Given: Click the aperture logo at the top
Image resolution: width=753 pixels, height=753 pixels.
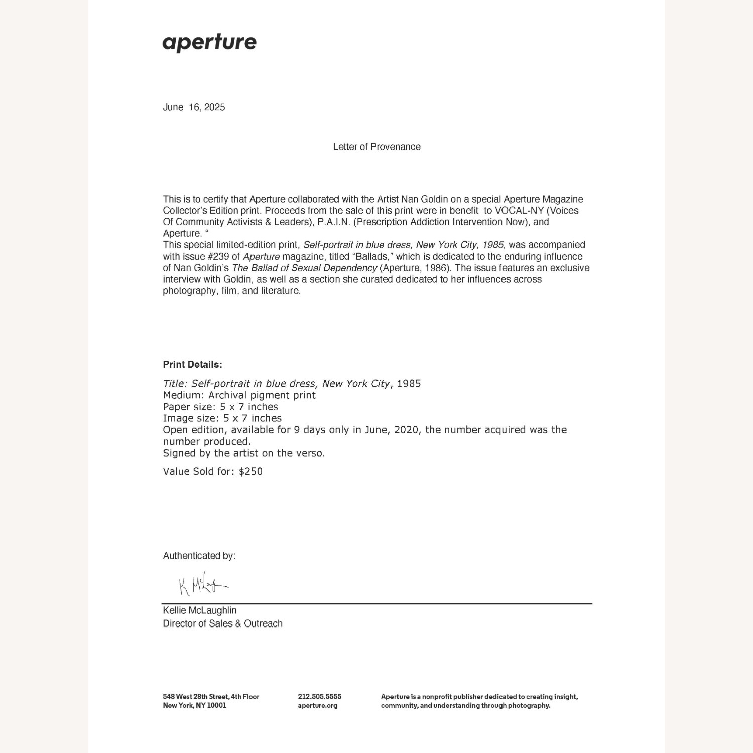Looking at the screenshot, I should (x=209, y=43).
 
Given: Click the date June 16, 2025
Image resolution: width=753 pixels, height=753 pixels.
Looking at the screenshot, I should (x=194, y=107).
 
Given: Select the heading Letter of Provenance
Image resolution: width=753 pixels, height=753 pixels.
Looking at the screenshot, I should (x=376, y=147).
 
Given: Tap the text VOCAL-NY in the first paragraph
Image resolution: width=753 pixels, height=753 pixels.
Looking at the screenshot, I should (x=519, y=211).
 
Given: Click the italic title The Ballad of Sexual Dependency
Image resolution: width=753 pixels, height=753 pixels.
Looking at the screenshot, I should (x=304, y=268).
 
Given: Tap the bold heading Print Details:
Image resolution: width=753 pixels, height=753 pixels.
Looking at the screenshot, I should (x=192, y=365).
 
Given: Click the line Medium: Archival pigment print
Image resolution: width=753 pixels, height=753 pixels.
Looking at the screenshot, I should (x=239, y=395).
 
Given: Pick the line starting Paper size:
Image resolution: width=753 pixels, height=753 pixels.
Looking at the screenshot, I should (x=220, y=407).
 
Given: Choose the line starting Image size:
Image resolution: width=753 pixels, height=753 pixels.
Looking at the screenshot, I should (x=222, y=418).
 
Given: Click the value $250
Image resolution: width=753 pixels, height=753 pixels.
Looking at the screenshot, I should (x=250, y=471).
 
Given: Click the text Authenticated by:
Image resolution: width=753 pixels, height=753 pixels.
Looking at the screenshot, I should (x=199, y=556).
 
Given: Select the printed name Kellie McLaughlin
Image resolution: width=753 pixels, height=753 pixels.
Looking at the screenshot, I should (x=199, y=610).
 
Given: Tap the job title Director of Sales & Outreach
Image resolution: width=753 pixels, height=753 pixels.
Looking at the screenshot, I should (x=222, y=623).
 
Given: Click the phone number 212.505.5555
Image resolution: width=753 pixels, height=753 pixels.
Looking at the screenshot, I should (x=319, y=697).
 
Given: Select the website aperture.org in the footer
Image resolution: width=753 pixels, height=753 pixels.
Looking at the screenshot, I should (x=317, y=706).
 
